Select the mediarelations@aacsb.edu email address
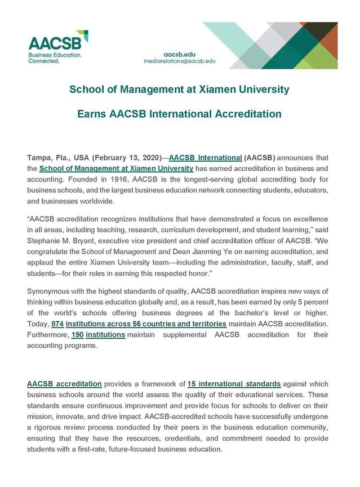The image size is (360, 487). tap(180, 60)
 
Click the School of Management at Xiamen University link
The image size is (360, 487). tap(117, 168)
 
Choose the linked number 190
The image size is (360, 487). tap(78, 334)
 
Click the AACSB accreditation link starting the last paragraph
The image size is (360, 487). tap(64, 384)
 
